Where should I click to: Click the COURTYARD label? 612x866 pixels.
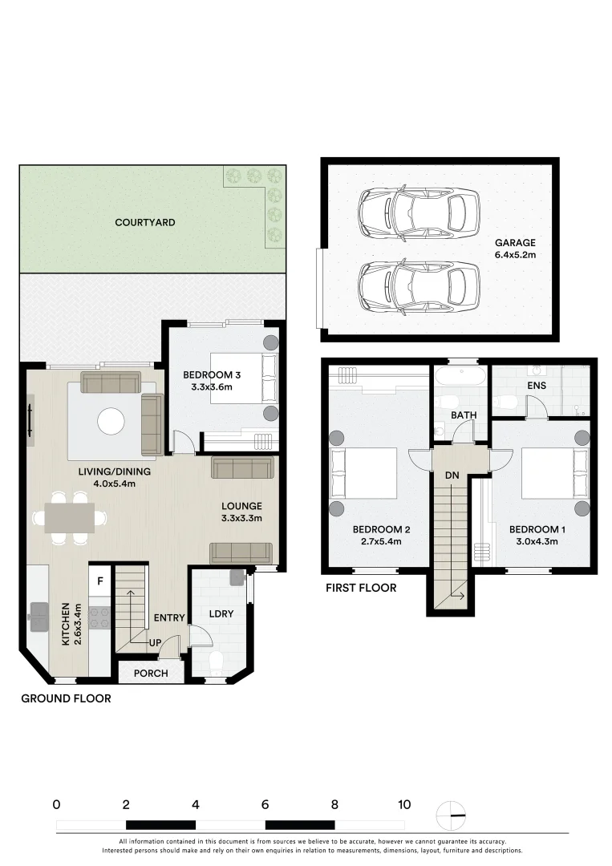coord(144,223)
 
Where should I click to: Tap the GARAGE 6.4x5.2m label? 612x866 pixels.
coord(515,249)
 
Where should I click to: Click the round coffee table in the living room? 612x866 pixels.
coord(111,422)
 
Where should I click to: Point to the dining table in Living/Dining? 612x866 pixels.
coord(70,517)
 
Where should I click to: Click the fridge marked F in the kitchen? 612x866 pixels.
coord(100,581)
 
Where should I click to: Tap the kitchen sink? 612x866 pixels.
coord(39,617)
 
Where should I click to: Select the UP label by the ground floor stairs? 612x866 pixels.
coord(155,643)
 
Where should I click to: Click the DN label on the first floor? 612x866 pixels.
coord(452,475)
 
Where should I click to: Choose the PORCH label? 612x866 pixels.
coord(151,674)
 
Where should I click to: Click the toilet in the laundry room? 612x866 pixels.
coord(216,662)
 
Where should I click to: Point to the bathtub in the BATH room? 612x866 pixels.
coord(460,377)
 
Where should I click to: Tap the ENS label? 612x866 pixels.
coord(537,386)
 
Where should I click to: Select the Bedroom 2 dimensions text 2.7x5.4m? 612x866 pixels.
coord(381,541)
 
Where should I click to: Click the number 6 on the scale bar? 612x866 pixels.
coord(265,805)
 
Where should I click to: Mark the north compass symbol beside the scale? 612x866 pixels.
coord(451,815)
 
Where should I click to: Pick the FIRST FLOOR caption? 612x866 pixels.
coord(361,588)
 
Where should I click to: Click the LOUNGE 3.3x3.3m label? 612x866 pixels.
coord(241,512)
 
